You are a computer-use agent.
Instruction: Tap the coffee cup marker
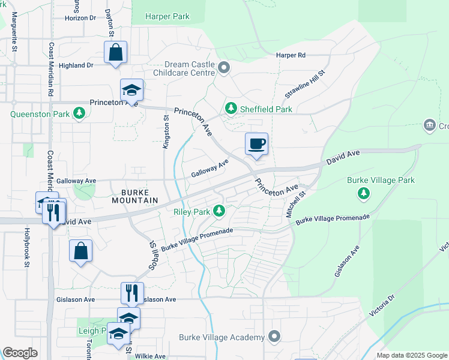256,144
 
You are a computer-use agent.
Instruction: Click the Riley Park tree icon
220,211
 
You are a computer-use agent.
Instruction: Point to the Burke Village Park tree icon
363,193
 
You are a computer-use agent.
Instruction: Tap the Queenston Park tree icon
79,112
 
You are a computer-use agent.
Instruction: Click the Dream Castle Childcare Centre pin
224,67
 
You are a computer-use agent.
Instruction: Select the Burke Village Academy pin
274,337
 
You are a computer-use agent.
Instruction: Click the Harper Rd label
291,55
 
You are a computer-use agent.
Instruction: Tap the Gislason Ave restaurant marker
132,293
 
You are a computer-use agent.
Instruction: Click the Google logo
20,353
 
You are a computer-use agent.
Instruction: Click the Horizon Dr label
80,18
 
